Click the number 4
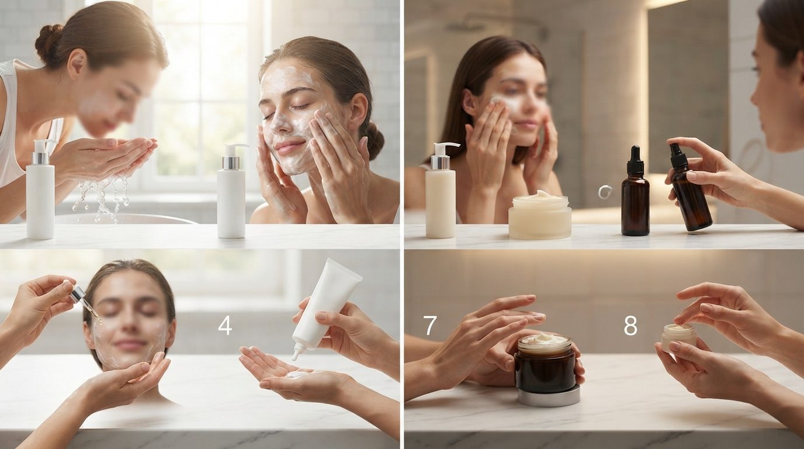tap(225, 326)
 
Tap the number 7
tap(429, 326)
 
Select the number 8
tap(630, 326)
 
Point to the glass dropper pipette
tap(84, 302)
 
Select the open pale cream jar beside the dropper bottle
tap(539, 215)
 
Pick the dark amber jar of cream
tap(545, 364)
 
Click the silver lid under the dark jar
tap(549, 396)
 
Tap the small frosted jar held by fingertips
tap(678, 337)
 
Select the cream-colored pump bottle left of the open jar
tap(441, 191)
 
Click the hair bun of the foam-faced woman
tap(374, 140)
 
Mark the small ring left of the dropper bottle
tap(604, 191)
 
